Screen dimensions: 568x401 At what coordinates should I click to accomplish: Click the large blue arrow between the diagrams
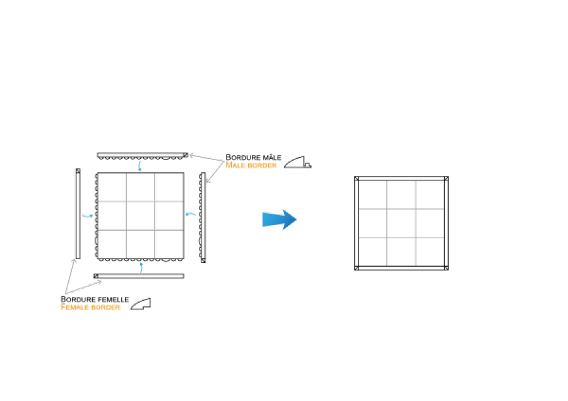point(280,219)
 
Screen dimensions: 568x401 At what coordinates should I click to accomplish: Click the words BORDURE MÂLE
point(253,158)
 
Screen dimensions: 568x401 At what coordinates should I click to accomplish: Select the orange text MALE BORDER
point(251,165)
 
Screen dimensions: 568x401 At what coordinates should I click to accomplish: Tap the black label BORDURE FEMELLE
point(95,299)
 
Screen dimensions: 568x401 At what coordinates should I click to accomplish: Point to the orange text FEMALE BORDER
point(90,307)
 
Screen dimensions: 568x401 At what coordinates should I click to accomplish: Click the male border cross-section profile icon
point(298,162)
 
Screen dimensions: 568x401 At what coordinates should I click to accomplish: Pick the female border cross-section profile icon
point(141,304)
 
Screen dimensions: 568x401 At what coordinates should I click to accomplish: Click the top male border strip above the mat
point(143,156)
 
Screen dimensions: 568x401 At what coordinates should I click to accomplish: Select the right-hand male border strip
point(203,217)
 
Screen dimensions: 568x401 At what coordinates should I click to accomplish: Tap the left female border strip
point(78,214)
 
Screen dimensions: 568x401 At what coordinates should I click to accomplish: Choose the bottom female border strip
point(139,276)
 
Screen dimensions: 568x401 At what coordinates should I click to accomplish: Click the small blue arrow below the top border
point(140,166)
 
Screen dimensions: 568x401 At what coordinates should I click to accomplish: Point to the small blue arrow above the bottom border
point(141,268)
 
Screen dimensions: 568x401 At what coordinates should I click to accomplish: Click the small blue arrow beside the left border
point(88,216)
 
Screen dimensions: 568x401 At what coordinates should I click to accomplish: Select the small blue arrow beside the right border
point(191,214)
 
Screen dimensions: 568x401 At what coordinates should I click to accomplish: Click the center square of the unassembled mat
point(141,216)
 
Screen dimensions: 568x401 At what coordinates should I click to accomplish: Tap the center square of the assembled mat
point(401,223)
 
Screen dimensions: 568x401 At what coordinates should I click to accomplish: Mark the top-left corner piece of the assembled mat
point(357,178)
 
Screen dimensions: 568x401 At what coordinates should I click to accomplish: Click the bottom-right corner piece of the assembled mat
point(446,268)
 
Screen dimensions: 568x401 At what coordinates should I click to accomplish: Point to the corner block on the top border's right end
point(186,155)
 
